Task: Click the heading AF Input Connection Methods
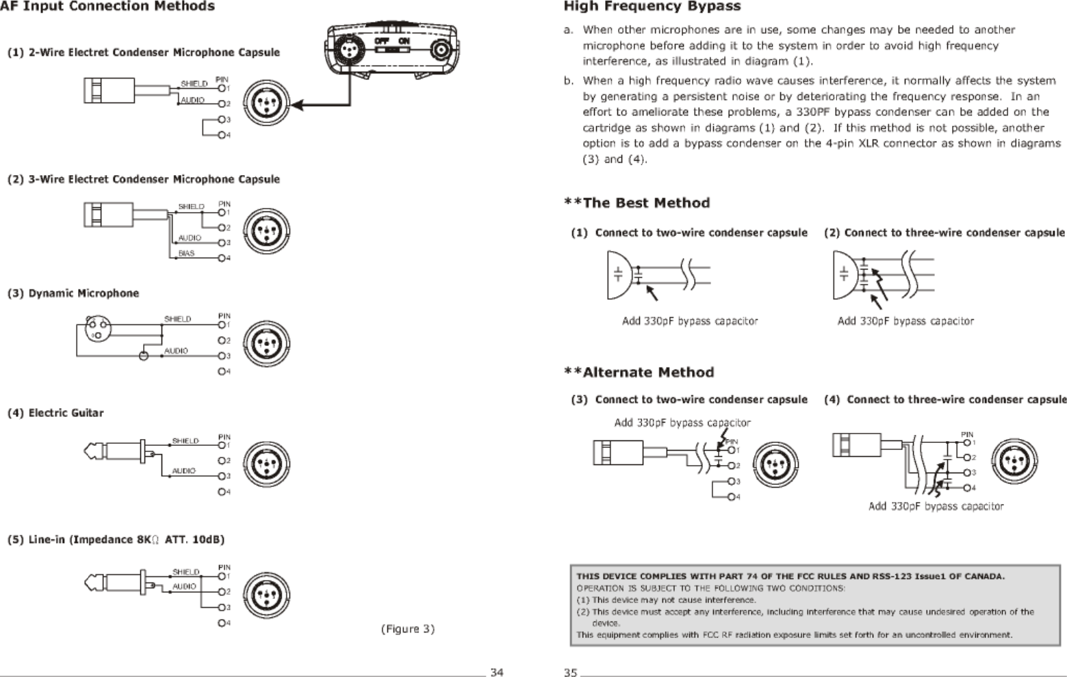pos(107,7)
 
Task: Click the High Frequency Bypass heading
pos(652,7)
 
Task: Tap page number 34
pos(496,672)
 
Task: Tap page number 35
pos(570,672)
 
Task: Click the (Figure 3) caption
pos(407,628)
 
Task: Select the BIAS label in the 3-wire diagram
pos(186,253)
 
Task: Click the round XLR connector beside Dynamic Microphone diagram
pos(267,344)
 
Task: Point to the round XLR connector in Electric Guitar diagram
pos(267,463)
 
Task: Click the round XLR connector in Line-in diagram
pos(267,594)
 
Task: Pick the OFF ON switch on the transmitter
pos(391,42)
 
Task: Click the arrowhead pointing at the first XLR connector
pos(297,105)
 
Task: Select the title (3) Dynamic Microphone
pos(73,293)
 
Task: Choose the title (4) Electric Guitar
pos(55,413)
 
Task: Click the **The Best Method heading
pos(637,203)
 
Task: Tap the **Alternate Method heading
pos(639,373)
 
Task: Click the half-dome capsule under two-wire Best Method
pos(617,275)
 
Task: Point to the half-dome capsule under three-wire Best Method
pos(843,275)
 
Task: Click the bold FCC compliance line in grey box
pos(790,576)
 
